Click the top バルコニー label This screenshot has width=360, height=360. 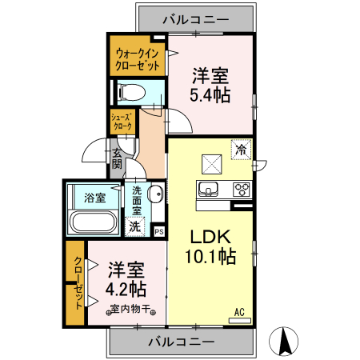coord(196,18)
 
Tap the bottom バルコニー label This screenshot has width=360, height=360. coord(181,342)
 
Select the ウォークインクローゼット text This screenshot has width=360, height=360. coord(137,58)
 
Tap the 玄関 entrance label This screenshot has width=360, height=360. coord(117,158)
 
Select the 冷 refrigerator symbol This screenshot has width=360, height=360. coord(241,148)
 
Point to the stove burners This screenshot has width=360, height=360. coord(241,190)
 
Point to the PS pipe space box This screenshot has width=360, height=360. coord(158,231)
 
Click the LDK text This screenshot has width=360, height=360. coord(210,237)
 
